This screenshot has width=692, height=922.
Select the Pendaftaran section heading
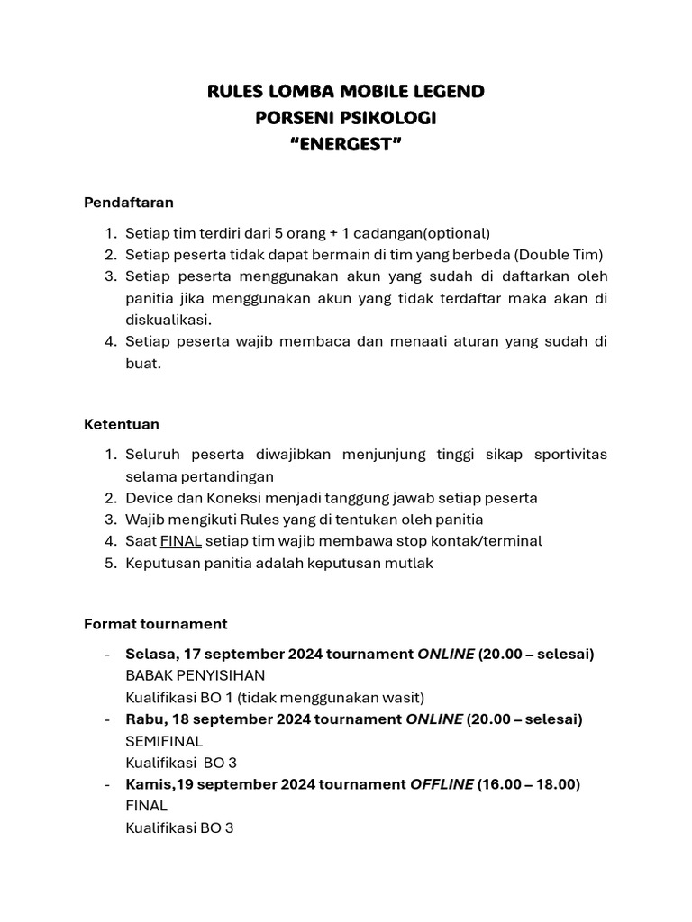128,202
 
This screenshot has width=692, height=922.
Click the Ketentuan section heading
121,423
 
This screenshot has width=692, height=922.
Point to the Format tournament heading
155,623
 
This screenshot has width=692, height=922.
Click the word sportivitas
570,454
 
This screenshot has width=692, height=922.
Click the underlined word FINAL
181,541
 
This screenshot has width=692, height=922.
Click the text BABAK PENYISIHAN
195,675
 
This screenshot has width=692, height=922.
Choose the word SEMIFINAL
164,741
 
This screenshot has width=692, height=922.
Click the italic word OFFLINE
442,784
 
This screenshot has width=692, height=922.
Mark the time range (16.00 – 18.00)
529,784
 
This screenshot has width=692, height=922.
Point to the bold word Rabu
145,719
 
